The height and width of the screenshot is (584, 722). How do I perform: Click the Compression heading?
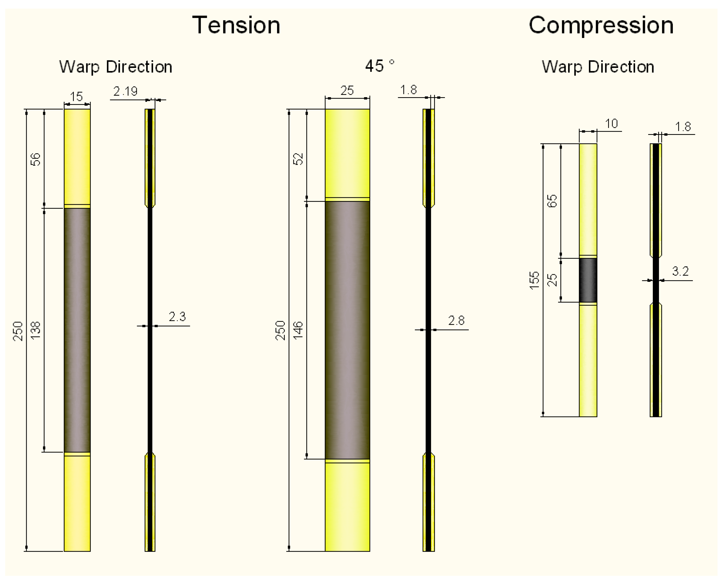click(601, 26)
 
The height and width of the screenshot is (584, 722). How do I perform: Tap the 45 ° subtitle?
click(380, 66)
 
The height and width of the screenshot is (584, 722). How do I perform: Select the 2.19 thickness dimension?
click(125, 91)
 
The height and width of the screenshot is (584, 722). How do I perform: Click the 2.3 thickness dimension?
click(177, 317)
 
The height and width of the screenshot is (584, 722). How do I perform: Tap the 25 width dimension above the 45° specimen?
click(347, 91)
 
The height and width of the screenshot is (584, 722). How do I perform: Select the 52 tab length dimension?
click(298, 159)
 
